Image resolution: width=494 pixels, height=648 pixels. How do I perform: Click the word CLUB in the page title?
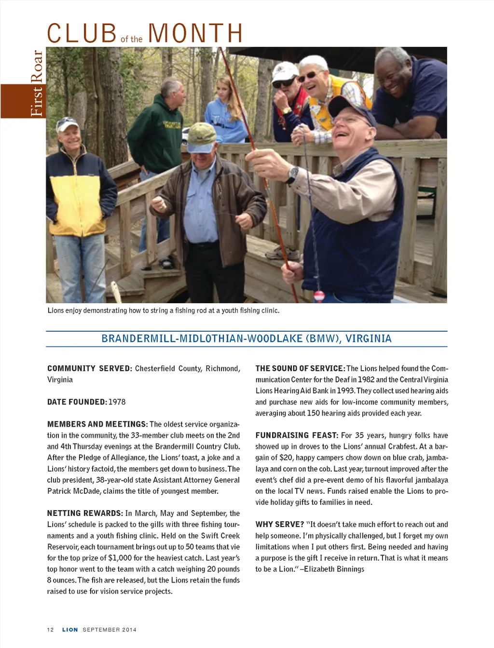coord(82,33)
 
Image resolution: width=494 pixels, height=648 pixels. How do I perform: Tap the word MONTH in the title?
coord(195,33)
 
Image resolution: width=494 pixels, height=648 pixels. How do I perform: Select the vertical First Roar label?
coord(37,83)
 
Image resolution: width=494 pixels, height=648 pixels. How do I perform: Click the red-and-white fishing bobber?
coord(318,295)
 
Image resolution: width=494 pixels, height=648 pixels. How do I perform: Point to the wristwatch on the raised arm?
coord(292,174)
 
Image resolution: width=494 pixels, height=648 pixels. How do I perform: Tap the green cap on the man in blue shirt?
coord(202,134)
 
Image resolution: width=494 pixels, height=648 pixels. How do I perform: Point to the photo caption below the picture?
coord(163,310)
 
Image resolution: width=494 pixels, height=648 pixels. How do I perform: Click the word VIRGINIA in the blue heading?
coord(369,338)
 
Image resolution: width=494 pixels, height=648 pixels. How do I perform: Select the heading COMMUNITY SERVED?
coord(89,368)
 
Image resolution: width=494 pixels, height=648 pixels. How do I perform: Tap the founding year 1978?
coord(117,402)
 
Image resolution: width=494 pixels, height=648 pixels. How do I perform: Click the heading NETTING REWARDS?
coord(85,513)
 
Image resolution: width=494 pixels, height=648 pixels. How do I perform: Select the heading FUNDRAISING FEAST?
coord(297,435)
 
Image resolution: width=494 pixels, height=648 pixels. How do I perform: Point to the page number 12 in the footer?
coord(50,630)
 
